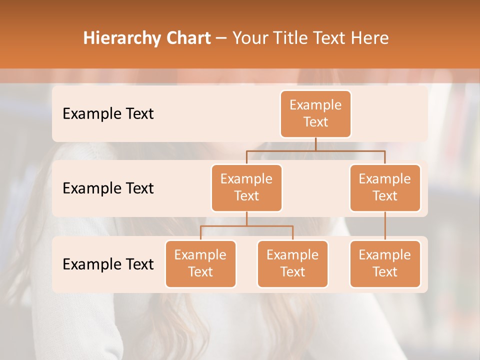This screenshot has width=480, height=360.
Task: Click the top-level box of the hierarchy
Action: click(x=315, y=113)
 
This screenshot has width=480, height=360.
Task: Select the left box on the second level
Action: click(x=246, y=187)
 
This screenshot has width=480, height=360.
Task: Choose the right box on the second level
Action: click(x=385, y=187)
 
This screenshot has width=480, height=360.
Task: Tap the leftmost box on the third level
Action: click(x=200, y=263)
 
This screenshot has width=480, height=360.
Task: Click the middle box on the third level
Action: click(x=292, y=263)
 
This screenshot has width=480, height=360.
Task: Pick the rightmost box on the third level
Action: click(x=385, y=263)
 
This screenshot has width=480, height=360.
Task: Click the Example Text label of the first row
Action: click(x=108, y=113)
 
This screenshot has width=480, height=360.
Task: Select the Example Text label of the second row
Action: click(x=108, y=188)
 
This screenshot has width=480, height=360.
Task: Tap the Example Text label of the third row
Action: click(x=108, y=264)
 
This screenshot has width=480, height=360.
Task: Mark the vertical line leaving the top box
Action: click(x=315, y=144)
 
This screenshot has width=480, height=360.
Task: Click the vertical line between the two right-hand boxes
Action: click(x=385, y=225)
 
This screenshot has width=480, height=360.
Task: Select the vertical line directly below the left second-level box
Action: click(x=246, y=218)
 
